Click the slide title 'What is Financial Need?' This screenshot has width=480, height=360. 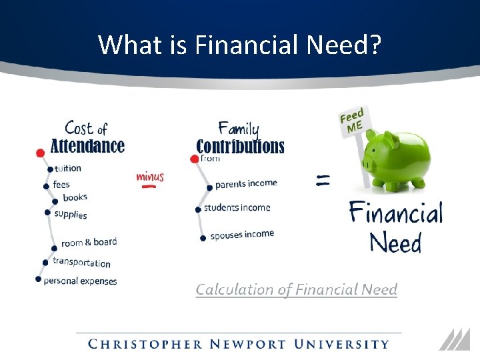click(240, 45)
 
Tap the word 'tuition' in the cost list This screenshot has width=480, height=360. click(68, 169)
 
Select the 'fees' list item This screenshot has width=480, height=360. click(61, 185)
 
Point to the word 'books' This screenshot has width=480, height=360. click(75, 198)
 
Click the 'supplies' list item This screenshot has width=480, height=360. click(71, 214)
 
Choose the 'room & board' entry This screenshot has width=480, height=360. click(89, 243)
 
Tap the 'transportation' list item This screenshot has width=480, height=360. click(81, 263)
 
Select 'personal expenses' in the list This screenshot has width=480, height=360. click(80, 281)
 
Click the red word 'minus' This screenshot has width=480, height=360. click(150, 177)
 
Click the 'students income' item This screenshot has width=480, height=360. click(237, 208)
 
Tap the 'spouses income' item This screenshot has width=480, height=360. click(242, 235)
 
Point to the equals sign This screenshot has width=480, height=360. click(323, 179)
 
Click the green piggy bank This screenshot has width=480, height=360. click(399, 159)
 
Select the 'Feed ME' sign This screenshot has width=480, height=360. click(352, 121)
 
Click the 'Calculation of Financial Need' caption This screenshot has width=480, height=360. click(296, 289)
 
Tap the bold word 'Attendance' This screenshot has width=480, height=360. click(87, 146)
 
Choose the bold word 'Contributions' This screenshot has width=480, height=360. click(240, 147)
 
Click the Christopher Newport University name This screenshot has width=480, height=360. click(239, 345)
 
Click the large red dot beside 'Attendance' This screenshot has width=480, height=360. click(40, 153)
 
